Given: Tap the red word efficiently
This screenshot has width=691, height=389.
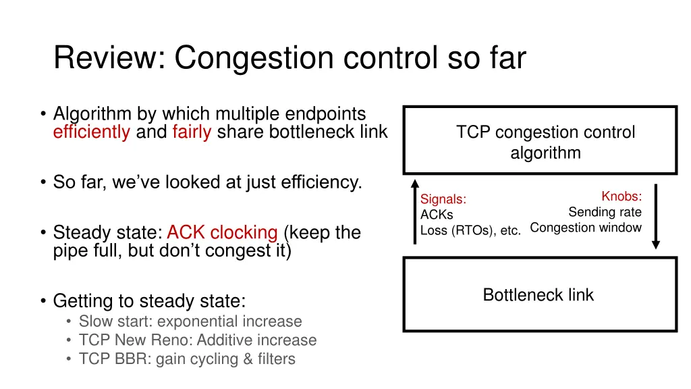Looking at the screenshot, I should (91, 132).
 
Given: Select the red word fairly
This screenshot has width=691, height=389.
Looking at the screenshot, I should (192, 132).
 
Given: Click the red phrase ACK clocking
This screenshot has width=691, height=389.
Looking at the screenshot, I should (222, 233).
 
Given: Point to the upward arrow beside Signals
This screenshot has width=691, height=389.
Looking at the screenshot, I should (415, 212).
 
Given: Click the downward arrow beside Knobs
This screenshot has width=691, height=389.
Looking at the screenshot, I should (655, 216).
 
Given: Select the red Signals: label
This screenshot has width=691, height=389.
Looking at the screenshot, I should (443, 199).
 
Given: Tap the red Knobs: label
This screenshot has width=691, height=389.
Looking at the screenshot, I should (621, 197).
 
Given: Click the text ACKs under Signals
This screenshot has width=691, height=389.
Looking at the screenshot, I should (437, 215).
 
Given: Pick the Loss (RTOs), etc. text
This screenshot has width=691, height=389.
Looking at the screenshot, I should (470, 230).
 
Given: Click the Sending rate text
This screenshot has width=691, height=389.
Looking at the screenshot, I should (605, 212).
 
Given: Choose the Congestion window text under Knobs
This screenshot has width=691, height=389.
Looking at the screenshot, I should (586, 228).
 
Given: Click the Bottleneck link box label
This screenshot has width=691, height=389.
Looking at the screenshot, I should (538, 295).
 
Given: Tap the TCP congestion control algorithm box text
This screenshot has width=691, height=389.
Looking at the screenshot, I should (545, 142).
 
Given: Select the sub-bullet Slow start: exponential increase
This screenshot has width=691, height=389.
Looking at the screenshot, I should (190, 321).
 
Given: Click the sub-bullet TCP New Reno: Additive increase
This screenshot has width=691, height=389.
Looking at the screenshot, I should (197, 340).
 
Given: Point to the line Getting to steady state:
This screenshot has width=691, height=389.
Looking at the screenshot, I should (149, 301).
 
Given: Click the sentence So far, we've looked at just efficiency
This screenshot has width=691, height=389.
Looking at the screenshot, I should (207, 182).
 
